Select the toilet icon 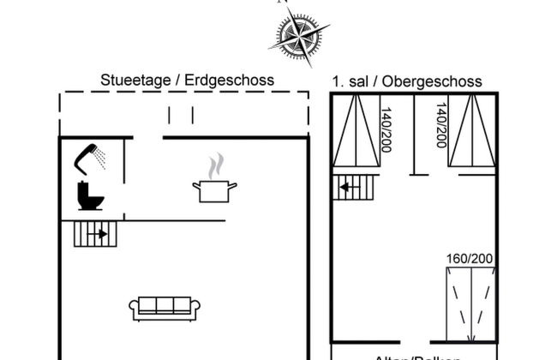[89, 195]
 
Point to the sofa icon [165, 307]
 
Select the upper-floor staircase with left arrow [354, 187]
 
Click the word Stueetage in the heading [135, 80]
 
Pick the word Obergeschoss [433, 81]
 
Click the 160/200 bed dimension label [470, 258]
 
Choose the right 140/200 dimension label [441, 126]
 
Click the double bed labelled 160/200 [470, 305]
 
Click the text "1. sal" [350, 81]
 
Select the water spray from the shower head [99, 157]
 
